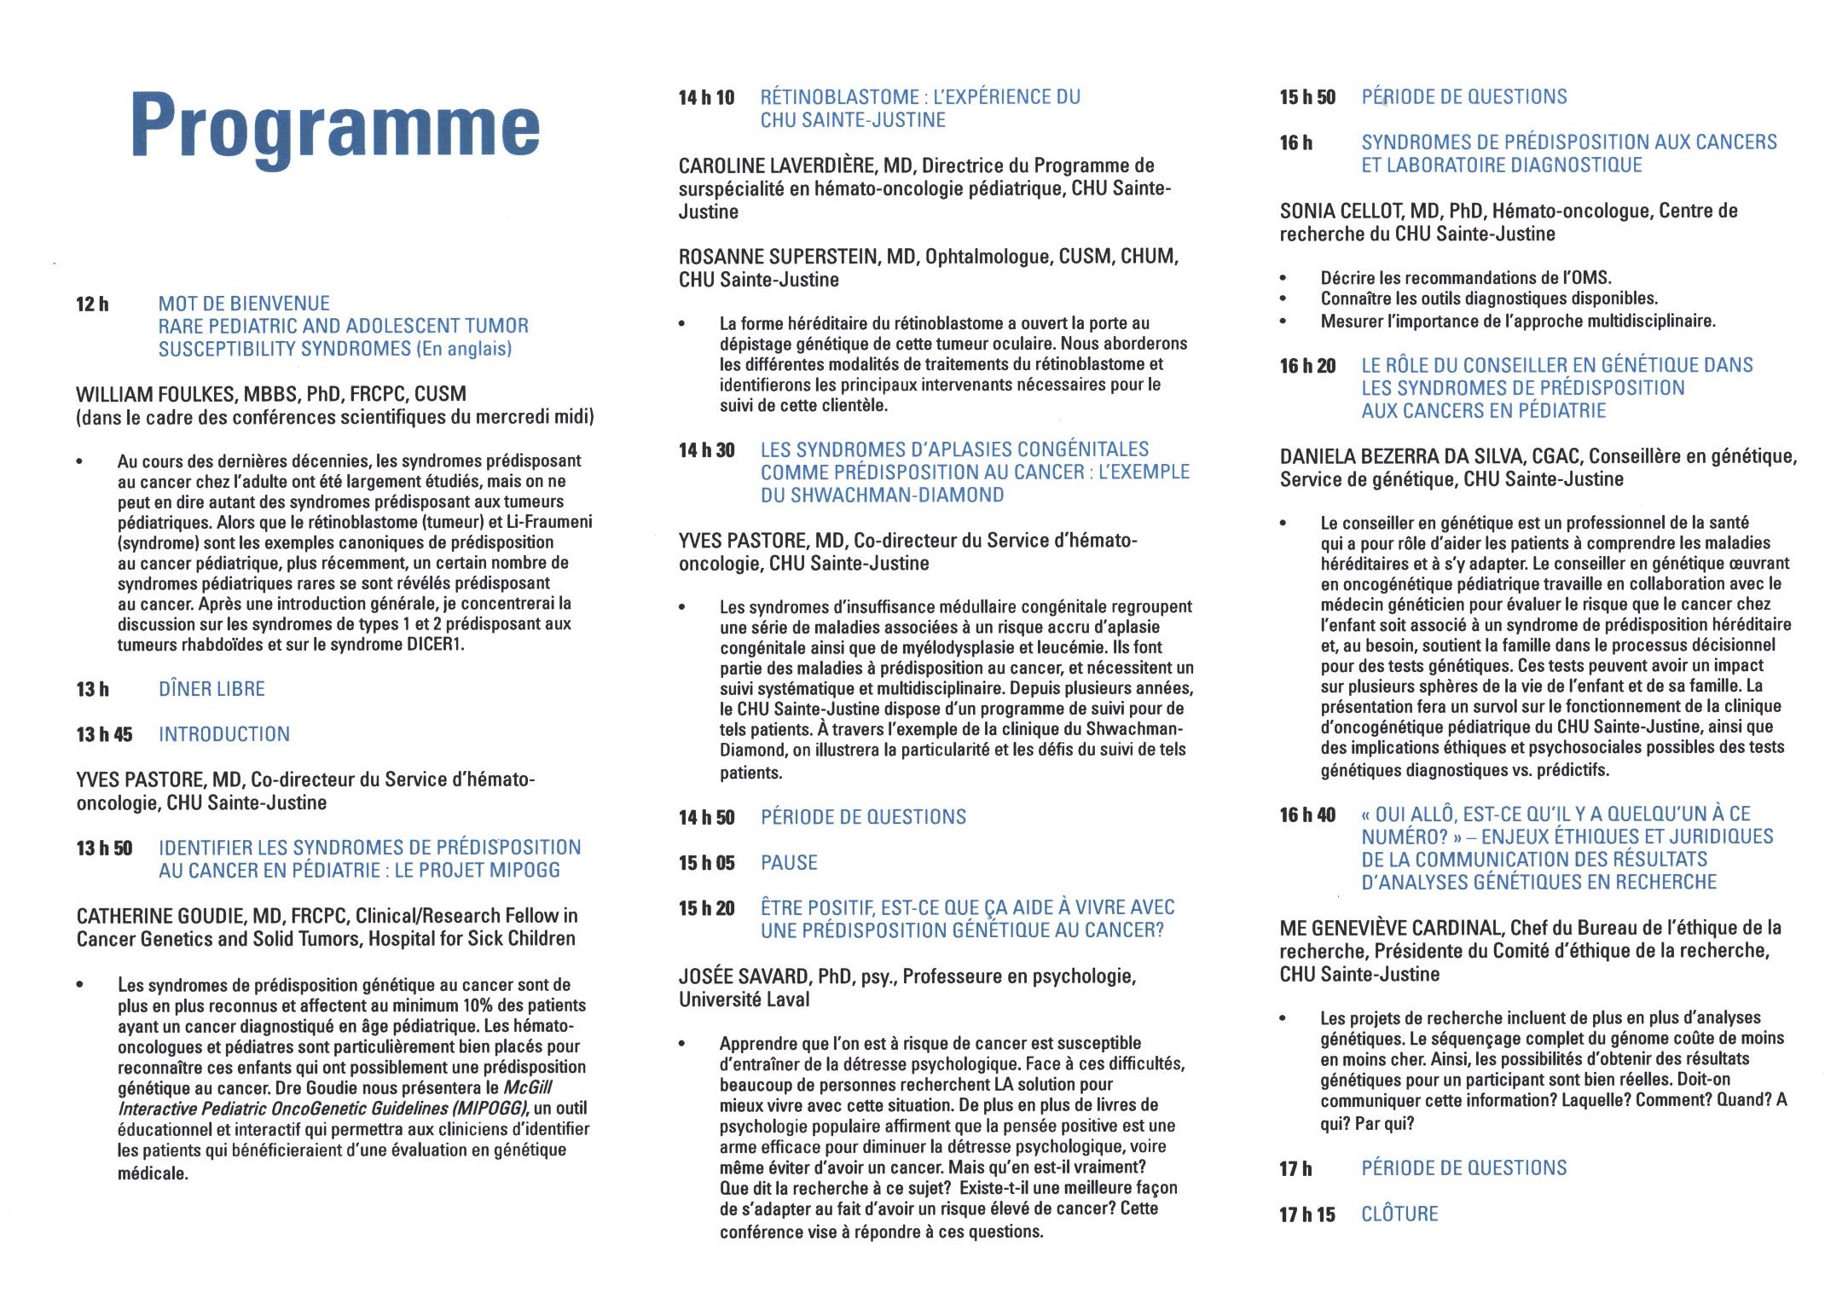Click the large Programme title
(335, 126)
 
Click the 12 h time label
(92, 304)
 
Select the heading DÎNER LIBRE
(211, 689)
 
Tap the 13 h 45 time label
(104, 734)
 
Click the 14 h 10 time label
(706, 98)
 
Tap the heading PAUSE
(789, 863)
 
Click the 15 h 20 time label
(706, 908)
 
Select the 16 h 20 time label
(1307, 366)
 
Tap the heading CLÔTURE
(1399, 1214)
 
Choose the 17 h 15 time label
(1307, 1214)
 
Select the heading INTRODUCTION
(224, 734)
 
